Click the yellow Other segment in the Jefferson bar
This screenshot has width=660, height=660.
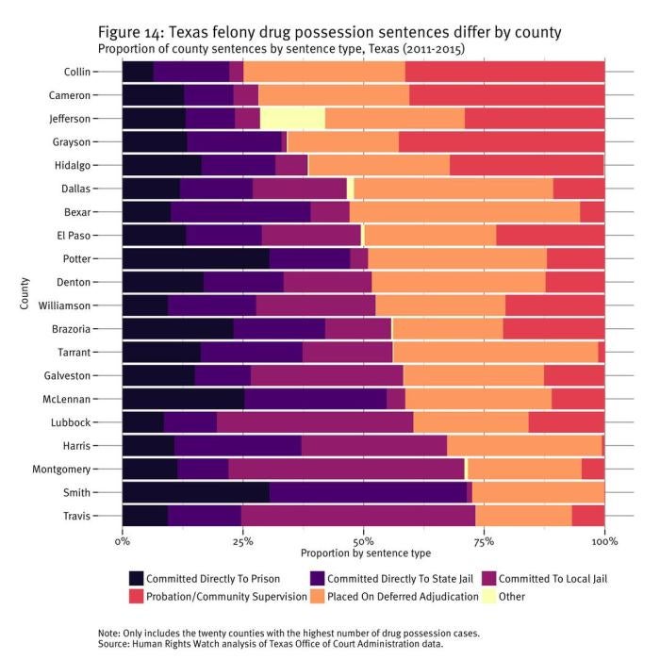(x=292, y=118)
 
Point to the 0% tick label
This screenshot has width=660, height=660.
(x=122, y=542)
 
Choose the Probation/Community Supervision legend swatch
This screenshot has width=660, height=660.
(x=137, y=596)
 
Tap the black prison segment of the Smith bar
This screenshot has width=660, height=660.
(x=195, y=491)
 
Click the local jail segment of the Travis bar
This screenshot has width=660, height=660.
(x=358, y=515)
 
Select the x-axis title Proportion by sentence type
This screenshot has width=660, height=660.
(x=364, y=553)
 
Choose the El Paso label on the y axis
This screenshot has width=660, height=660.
(x=74, y=235)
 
